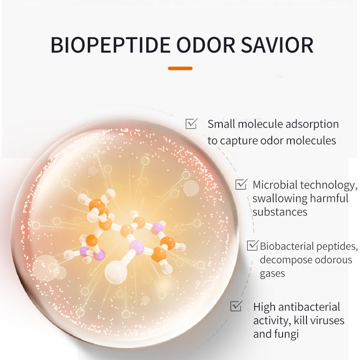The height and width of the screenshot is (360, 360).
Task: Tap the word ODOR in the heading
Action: click(206, 45)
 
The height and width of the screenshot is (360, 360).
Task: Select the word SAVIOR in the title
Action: click(277, 45)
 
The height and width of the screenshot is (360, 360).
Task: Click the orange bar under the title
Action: click(180, 68)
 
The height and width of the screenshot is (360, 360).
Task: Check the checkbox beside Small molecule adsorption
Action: click(191, 123)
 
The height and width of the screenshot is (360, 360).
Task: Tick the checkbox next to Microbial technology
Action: click(241, 184)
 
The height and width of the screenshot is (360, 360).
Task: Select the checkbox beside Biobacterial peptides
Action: click(252, 245)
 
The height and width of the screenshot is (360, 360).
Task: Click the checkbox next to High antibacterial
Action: click(236, 306)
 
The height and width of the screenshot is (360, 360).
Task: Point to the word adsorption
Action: click(312, 125)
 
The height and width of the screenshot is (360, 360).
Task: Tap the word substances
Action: click(280, 212)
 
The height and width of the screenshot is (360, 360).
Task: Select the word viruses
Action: click(328, 320)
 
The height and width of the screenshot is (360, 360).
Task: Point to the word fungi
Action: click(287, 334)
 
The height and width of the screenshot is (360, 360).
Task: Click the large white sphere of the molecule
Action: click(116, 272)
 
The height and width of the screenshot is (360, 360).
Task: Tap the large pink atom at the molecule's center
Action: click(137, 247)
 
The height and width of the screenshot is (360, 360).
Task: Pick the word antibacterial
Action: click(309, 307)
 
